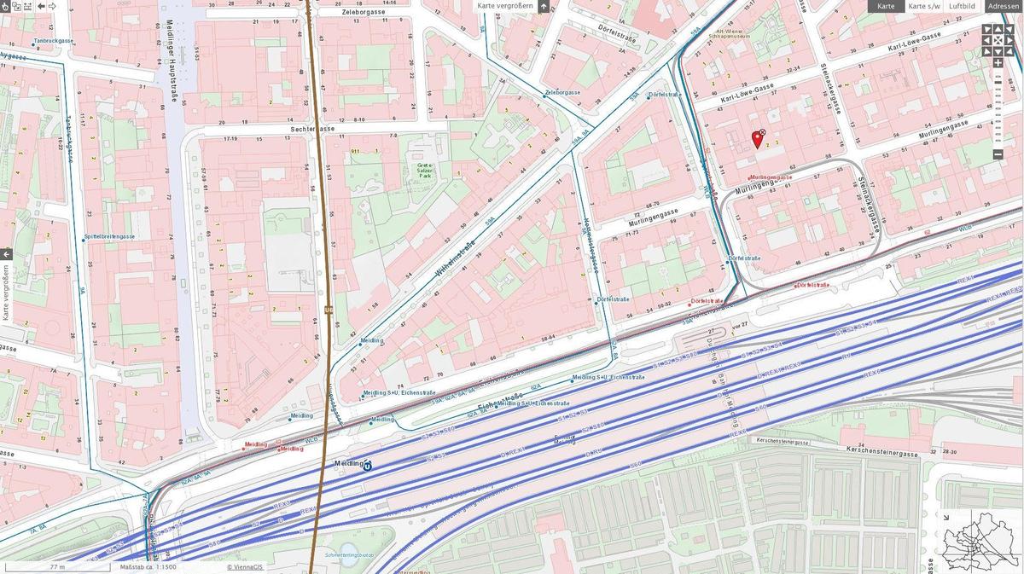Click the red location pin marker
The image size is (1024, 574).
(x=756, y=139)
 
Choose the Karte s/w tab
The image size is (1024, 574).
(x=923, y=6)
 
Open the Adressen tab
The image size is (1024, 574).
(x=1004, y=6)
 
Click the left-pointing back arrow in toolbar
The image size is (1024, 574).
(x=41, y=6)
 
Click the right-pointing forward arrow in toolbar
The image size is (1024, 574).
(x=53, y=6)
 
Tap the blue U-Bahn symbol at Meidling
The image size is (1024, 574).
(x=368, y=465)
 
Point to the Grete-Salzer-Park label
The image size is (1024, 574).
(x=425, y=171)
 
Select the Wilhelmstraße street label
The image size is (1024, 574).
(x=454, y=261)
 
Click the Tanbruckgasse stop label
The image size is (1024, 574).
(x=54, y=41)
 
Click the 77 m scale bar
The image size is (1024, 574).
(x=57, y=567)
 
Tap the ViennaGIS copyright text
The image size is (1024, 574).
(x=246, y=567)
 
